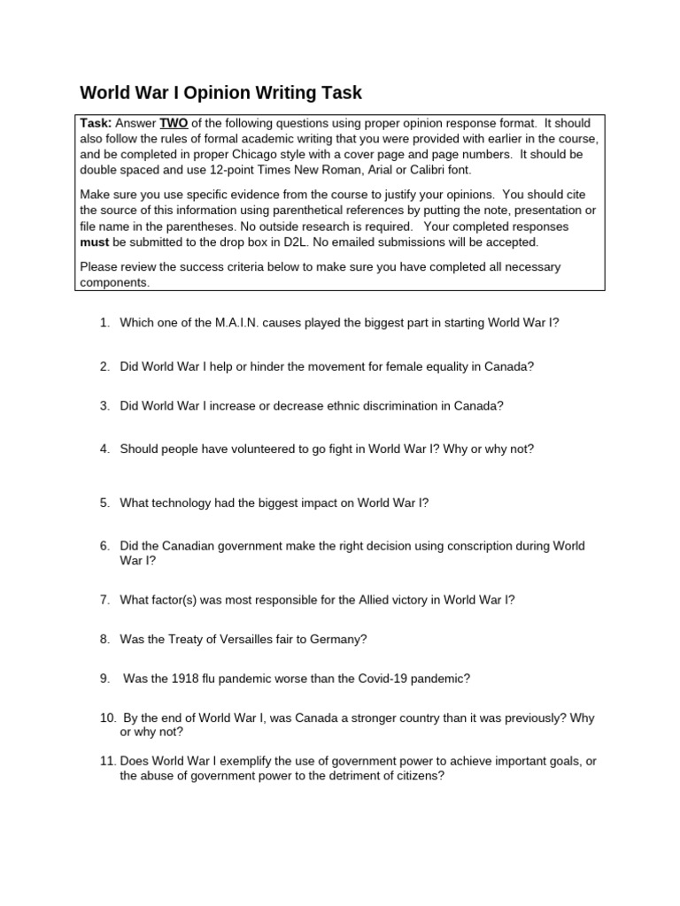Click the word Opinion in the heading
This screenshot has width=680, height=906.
pos(225,93)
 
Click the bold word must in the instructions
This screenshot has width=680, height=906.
pos(95,242)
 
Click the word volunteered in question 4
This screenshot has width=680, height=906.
pos(266,449)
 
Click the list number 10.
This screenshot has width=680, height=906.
pos(107,718)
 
